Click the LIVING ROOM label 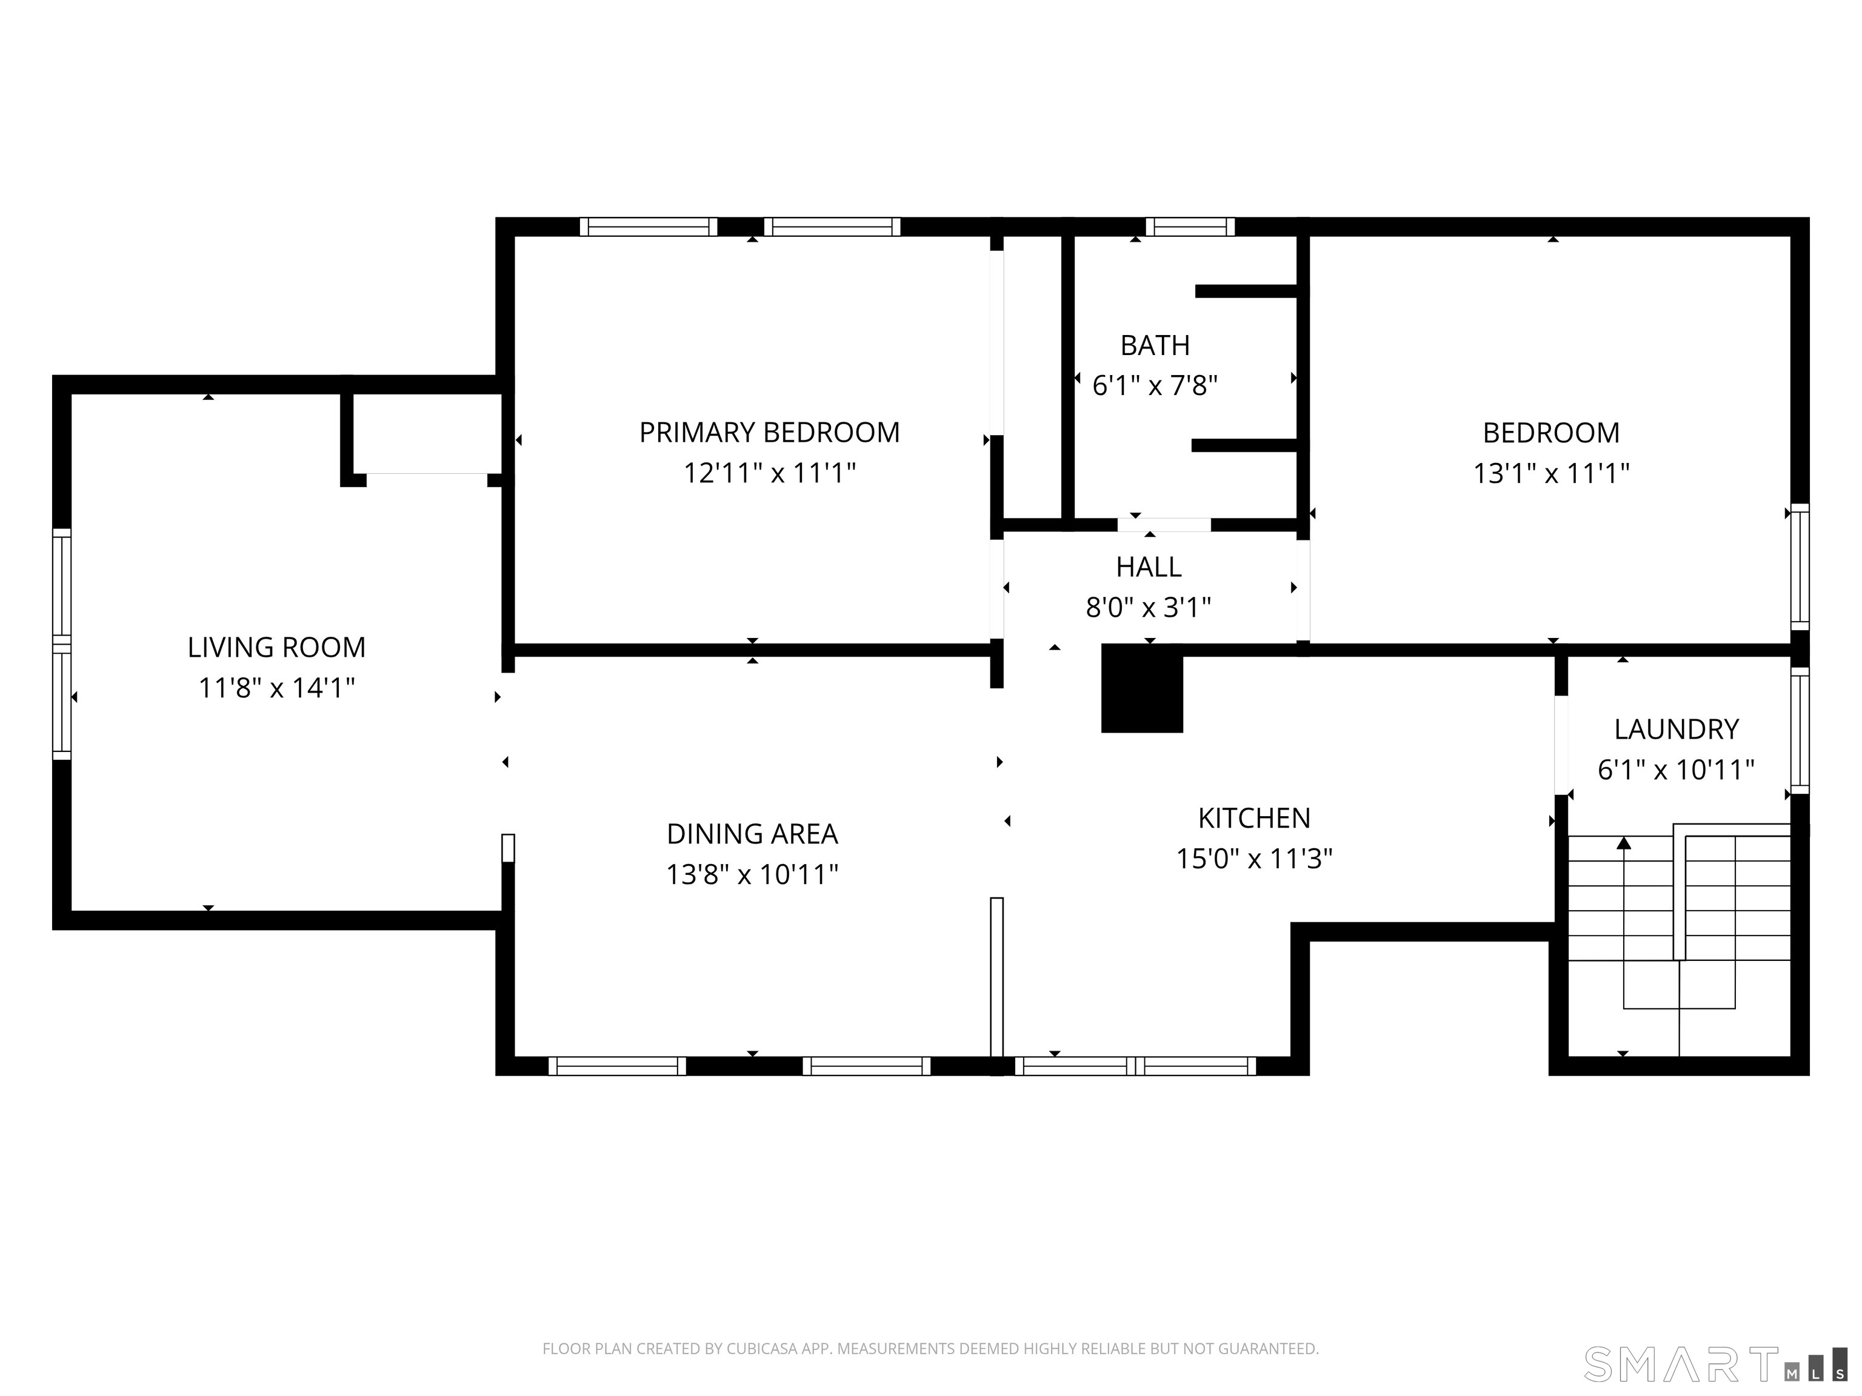[276, 647]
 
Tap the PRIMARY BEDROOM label [769, 433]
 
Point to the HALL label [1149, 567]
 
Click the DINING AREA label [753, 834]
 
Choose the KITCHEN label [1254, 818]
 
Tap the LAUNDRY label [1677, 729]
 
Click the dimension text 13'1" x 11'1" [1552, 474]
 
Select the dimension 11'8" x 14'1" [276, 688]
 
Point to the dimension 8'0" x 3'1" [1149, 608]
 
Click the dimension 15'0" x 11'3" [1254, 859]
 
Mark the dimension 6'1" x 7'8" [1155, 386]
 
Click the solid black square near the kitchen [1143, 688]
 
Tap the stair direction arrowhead [1624, 842]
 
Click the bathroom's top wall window [1190, 227]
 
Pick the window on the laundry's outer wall [1799, 730]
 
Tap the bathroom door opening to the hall [1164, 524]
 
